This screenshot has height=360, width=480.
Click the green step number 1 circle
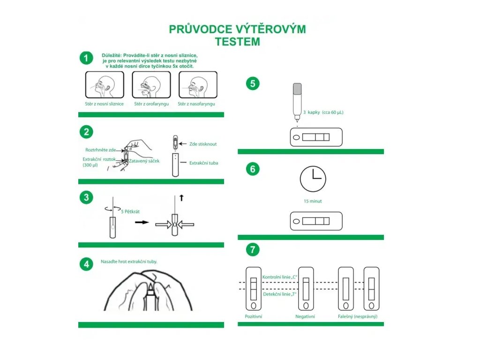click(86, 58)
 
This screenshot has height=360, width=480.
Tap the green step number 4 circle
click(86, 264)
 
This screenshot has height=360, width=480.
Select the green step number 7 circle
click(253, 250)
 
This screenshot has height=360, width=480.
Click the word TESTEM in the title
click(237, 41)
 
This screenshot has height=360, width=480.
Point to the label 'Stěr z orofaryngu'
click(151, 104)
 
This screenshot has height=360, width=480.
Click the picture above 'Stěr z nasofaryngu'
click(198, 85)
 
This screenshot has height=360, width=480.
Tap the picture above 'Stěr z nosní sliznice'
click(104, 85)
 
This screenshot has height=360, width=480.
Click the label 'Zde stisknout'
click(203, 144)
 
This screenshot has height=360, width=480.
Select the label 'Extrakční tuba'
click(203, 163)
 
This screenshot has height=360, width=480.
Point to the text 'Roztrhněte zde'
click(100, 150)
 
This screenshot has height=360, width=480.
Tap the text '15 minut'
click(312, 201)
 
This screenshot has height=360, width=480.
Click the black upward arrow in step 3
click(181, 198)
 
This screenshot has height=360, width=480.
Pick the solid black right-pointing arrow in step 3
click(141, 222)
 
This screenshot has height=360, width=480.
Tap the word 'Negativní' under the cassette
click(305, 316)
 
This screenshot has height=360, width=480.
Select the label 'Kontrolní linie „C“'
click(280, 277)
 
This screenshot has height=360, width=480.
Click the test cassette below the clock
click(316, 221)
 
